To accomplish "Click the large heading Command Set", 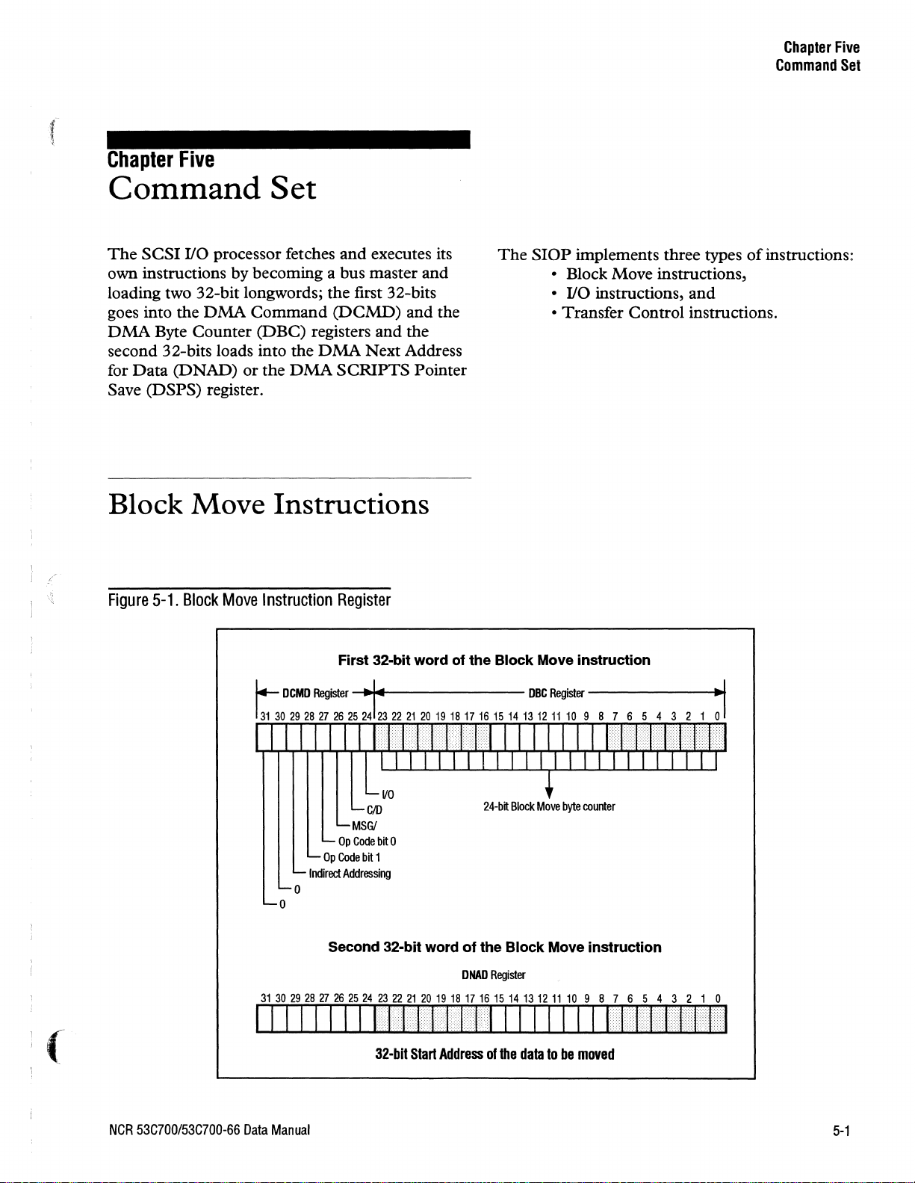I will click(212, 188).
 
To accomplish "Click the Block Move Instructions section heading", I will click(268, 504).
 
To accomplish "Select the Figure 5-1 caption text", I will click(249, 600).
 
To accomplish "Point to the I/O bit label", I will click(388, 794).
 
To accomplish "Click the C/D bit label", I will click(374, 810).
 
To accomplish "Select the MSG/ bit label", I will click(365, 826).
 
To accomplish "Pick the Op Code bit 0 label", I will click(362, 841).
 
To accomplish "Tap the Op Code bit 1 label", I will click(350, 857).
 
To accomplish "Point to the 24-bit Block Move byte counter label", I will click(549, 807).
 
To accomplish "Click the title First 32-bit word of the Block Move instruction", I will click(494, 660).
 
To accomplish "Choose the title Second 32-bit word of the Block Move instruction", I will click(494, 947).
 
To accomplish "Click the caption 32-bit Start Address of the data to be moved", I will click(494, 1054).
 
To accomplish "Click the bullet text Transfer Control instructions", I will click(669, 312).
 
